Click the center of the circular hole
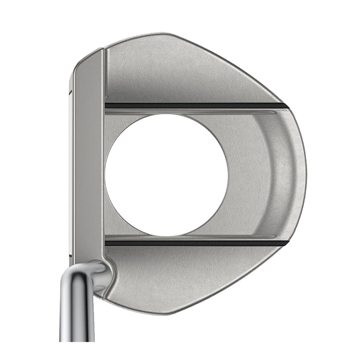[x=166, y=175]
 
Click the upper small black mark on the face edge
[x=70, y=93]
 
